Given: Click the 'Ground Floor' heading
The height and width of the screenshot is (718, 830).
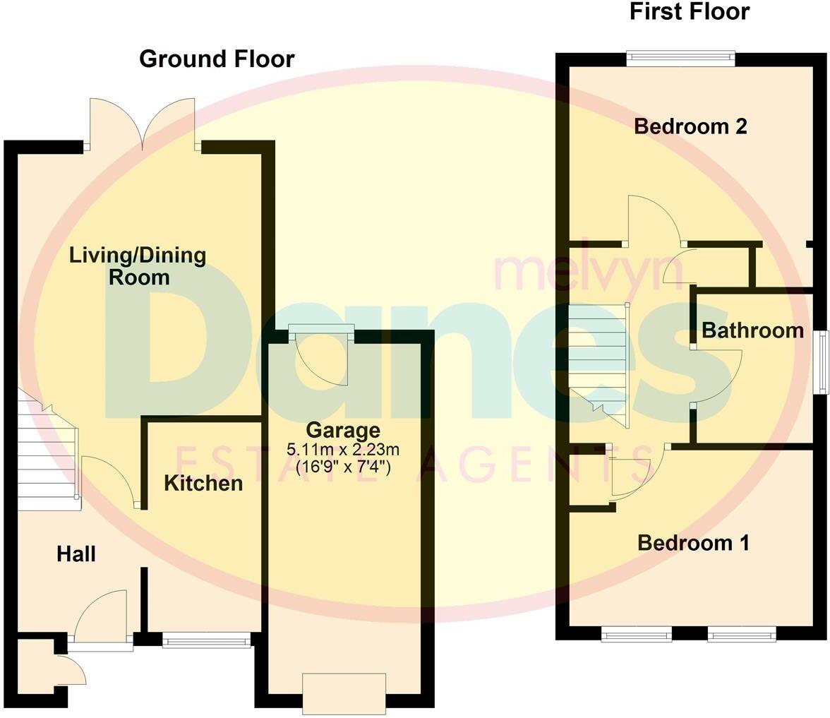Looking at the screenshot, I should click(217, 59).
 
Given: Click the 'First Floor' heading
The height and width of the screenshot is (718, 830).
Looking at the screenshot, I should click(689, 12).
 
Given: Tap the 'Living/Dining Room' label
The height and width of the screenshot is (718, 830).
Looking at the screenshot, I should click(138, 265).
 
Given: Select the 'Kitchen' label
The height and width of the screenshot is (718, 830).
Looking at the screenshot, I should click(203, 483).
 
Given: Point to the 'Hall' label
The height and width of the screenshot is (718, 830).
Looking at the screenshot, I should click(76, 554).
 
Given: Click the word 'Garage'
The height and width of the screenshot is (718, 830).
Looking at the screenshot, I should click(343, 430).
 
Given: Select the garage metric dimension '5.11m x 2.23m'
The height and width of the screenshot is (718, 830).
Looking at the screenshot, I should click(343, 449).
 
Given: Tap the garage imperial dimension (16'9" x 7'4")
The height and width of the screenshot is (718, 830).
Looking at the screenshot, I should click(343, 467).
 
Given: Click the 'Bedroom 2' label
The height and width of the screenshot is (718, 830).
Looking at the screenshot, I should click(690, 126).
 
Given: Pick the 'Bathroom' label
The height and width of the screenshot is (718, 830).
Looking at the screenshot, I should click(752, 330).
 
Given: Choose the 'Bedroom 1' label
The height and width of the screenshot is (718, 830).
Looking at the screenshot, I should click(693, 543).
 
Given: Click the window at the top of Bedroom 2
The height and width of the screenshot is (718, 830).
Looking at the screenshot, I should click(681, 59).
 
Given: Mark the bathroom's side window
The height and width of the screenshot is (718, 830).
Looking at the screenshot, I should click(822, 361).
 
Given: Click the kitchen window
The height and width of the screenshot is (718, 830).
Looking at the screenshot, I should click(206, 640).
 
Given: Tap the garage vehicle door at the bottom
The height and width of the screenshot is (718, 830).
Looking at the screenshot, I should click(344, 693).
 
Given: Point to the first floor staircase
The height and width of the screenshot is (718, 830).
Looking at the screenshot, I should click(598, 364).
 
